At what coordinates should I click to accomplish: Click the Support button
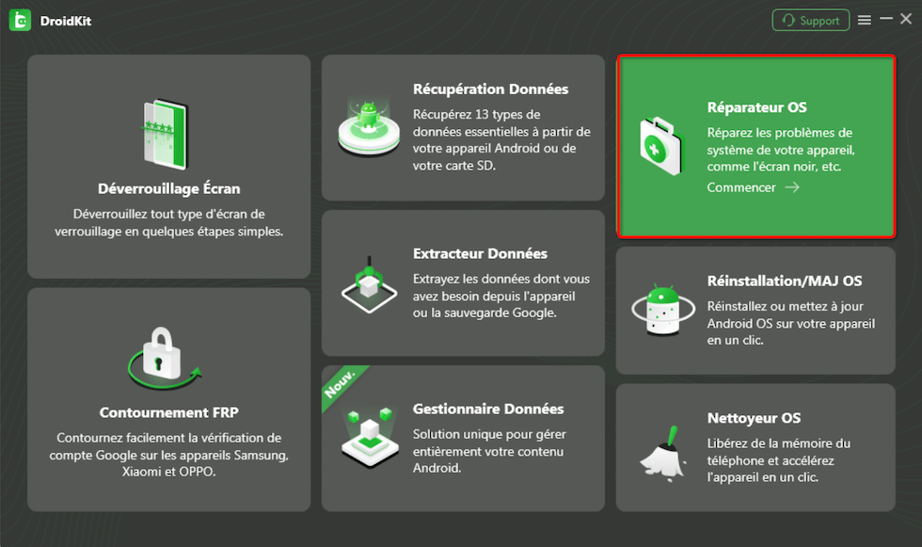pos(810,21)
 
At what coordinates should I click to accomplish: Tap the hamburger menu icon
pos(865,20)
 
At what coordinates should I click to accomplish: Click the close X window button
pos(906,20)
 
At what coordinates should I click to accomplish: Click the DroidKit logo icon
pos(20,21)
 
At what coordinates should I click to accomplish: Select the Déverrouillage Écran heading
pos(168,189)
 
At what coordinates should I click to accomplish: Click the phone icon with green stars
pos(167,134)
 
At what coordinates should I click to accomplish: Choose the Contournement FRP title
pos(168,412)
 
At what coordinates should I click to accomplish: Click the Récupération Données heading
pos(490,89)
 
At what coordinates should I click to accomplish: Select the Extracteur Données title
pos(480,253)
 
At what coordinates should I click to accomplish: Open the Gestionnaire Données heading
pos(488,409)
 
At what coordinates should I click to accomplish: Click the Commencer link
pos(741,187)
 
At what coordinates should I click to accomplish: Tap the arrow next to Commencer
pos(792,187)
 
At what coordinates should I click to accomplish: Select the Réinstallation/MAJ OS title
pos(785,282)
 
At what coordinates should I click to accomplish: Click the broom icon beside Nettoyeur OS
pos(662,455)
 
